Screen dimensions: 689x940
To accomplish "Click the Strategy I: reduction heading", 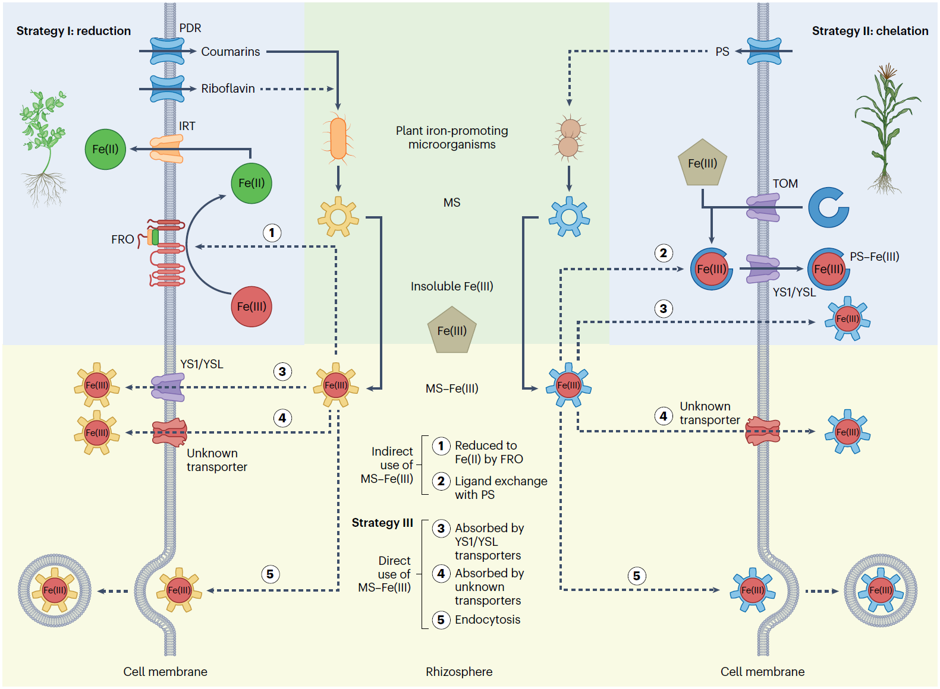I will tap(73, 31).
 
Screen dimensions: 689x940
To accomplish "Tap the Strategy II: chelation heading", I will tap(870, 31).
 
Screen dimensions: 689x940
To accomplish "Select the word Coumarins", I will tap(230, 52).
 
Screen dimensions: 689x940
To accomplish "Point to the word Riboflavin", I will tap(228, 89).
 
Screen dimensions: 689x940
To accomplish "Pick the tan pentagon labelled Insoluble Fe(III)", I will tap(452, 330).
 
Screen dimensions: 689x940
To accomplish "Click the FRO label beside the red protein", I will tap(122, 239).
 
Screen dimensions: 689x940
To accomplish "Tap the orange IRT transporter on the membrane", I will tap(166, 148).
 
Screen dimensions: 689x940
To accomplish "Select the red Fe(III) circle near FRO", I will tap(251, 306).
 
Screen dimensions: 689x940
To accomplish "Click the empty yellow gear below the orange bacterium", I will tap(338, 217).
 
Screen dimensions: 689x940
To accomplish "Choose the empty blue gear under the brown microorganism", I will tap(569, 217).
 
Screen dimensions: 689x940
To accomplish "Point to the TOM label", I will tap(785, 184).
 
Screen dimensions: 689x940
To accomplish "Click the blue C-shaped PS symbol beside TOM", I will tap(828, 207).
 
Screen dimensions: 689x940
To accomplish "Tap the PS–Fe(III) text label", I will tap(874, 257).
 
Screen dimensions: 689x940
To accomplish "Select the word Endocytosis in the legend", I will tap(488, 620).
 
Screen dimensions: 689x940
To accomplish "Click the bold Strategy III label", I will tap(382, 523).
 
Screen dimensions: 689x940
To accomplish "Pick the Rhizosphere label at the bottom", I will tap(459, 672).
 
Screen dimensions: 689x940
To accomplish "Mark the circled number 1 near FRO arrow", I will tap(272, 232).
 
